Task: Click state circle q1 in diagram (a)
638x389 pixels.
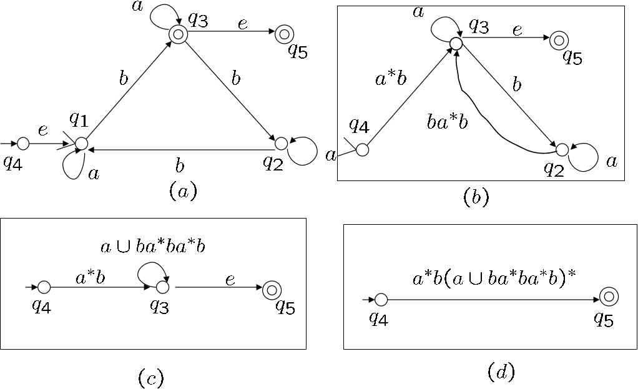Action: tap(81, 144)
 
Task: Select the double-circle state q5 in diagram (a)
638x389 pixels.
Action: tap(284, 34)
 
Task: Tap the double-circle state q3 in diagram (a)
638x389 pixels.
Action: tap(178, 35)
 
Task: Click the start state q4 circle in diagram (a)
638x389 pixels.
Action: tap(23, 144)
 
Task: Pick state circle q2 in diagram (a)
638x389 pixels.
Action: tap(281, 144)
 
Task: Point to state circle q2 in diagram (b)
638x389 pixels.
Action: tap(562, 150)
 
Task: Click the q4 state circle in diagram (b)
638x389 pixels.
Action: tap(362, 150)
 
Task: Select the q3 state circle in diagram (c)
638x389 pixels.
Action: tap(162, 287)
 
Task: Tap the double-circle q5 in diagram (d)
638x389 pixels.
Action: tap(609, 297)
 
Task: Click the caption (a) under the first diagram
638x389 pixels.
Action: tap(182, 190)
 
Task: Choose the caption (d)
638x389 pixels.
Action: tap(500, 372)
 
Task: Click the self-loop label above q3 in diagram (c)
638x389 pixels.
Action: tap(152, 246)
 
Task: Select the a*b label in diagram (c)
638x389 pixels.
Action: tap(90, 278)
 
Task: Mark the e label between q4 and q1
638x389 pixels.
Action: tap(42, 130)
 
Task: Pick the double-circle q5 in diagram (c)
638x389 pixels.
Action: tap(272, 289)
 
